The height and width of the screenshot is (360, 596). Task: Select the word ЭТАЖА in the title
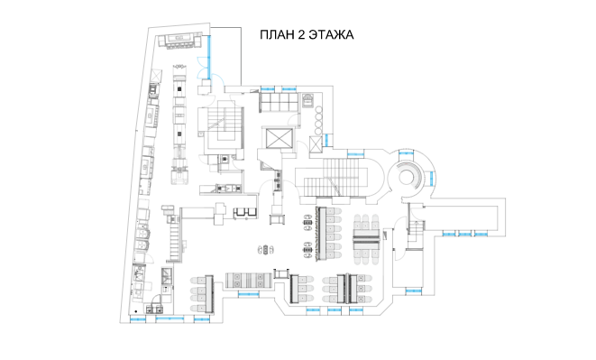(332, 34)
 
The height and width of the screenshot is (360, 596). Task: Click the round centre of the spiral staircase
(408, 176)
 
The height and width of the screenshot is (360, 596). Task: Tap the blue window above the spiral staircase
(406, 153)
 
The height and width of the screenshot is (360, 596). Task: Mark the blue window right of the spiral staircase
(432, 178)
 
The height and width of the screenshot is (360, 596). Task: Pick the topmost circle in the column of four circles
(318, 110)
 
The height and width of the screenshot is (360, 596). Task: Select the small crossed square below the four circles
(316, 144)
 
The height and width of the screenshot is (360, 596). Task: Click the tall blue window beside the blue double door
(208, 57)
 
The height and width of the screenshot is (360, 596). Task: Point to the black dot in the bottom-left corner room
(135, 311)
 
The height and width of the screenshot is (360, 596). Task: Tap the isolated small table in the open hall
(266, 250)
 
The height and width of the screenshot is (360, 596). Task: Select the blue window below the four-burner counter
(249, 294)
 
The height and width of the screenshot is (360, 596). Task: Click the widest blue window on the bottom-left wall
(170, 318)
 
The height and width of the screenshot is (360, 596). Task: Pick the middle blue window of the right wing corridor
(464, 234)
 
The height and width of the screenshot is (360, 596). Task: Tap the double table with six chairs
(366, 239)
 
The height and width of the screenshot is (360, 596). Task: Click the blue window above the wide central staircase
(355, 154)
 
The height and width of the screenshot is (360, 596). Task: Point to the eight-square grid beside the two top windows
(279, 102)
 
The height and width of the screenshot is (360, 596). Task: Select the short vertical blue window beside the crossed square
(326, 141)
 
